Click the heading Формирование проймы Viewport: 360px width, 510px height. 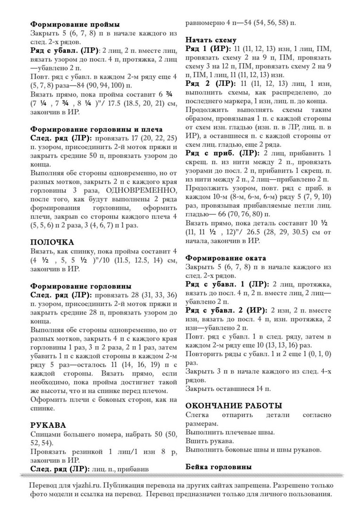pyautogui.click(x=75, y=24)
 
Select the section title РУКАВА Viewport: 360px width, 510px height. pyautogui.click(x=48, y=425)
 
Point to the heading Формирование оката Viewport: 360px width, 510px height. pyautogui.click(x=225, y=258)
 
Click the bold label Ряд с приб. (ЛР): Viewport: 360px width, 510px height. pyautogui.click(x=222, y=153)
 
